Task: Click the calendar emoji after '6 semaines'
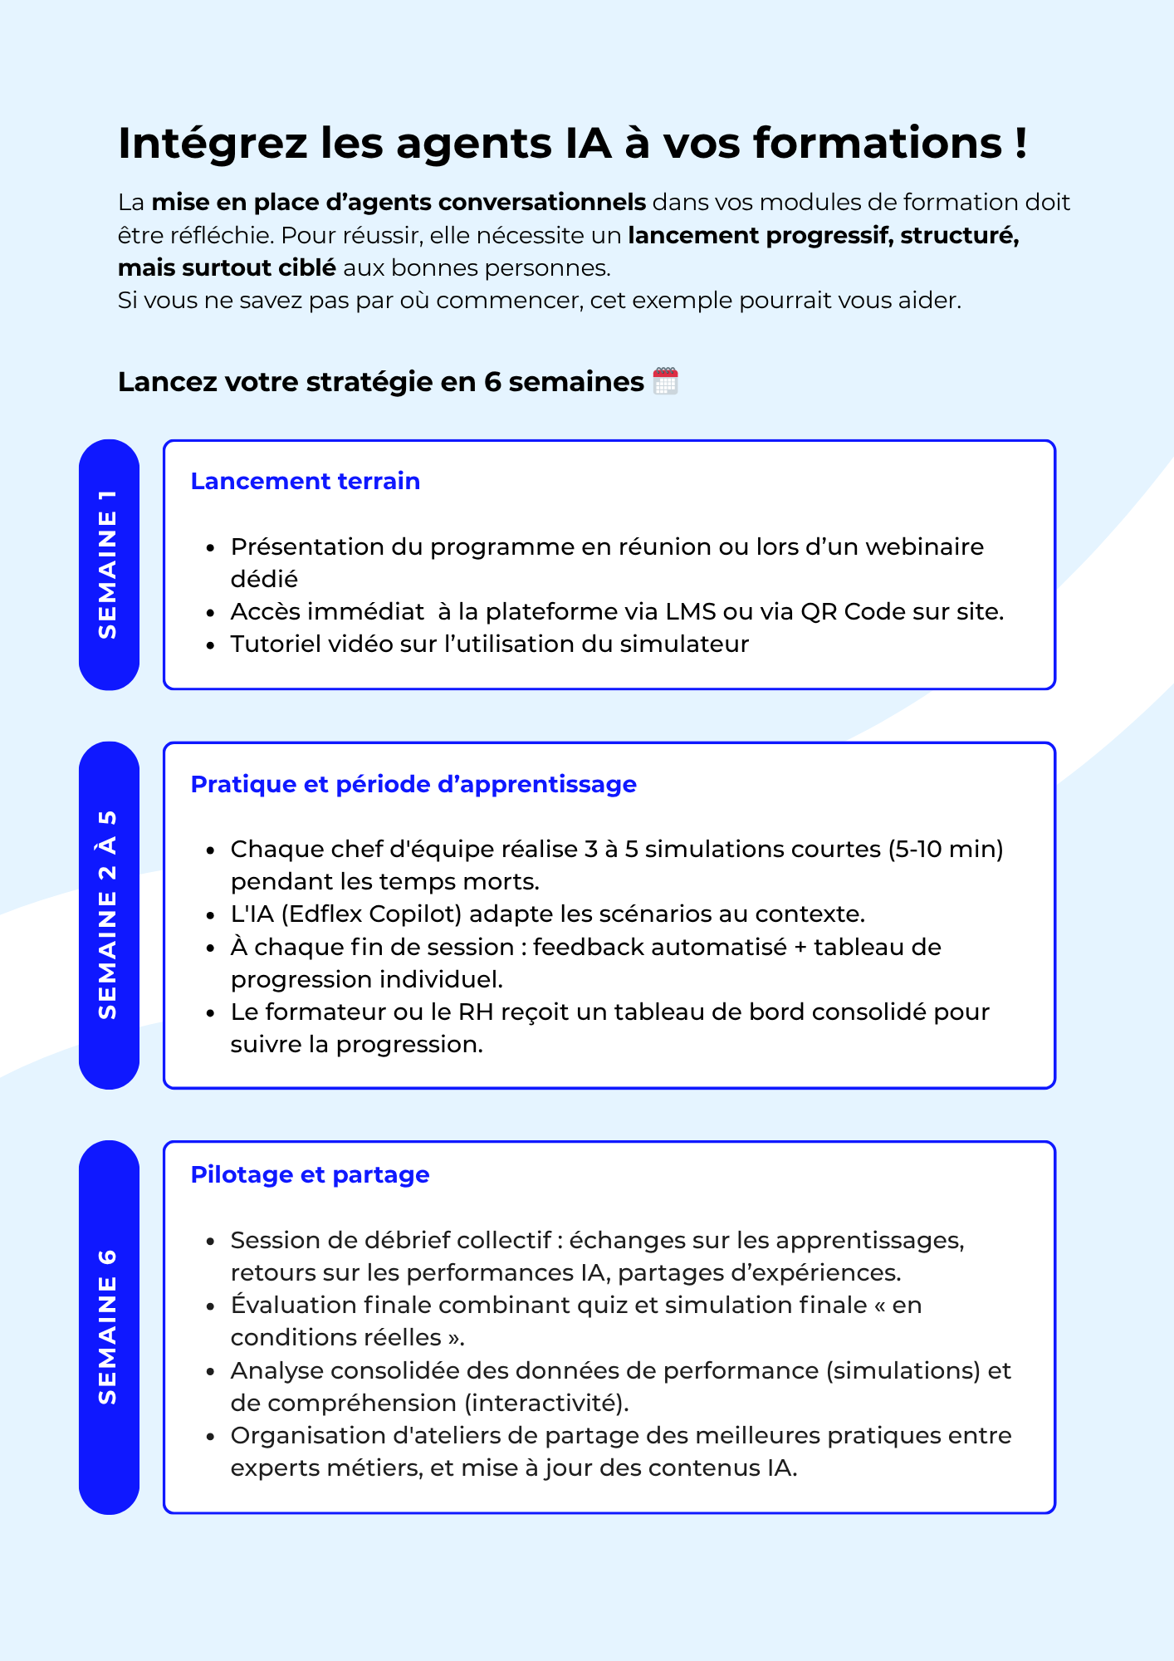(665, 381)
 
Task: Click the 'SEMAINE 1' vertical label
(109, 565)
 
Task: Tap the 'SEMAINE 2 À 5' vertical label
(109, 915)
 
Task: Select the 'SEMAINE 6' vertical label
(109, 1326)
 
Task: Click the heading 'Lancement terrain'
(305, 481)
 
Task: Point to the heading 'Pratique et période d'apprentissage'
(413, 784)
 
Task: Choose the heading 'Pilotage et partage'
(310, 1174)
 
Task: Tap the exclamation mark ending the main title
(1020, 144)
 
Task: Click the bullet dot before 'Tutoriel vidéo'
(211, 645)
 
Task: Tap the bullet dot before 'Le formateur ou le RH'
(211, 1013)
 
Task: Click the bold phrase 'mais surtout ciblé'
(227, 267)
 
